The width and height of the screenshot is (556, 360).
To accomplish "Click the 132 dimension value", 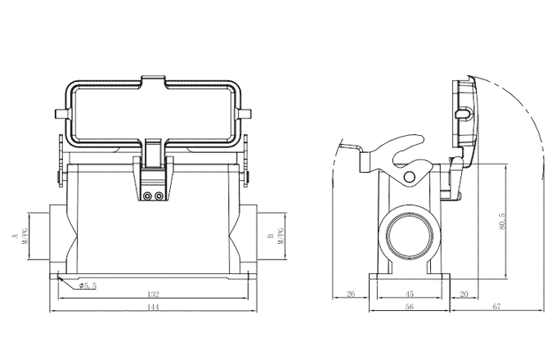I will (153, 295).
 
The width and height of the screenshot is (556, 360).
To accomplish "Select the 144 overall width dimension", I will (153, 308).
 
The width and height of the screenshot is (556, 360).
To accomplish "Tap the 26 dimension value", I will (350, 295).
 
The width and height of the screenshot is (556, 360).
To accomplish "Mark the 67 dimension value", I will (496, 308).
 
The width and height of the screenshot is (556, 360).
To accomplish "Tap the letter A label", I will (14, 236).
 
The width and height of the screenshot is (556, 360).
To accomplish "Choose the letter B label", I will (270, 236).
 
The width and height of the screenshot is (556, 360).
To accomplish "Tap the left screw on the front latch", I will (148, 196).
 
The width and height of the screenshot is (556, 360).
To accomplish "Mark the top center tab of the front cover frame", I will (154, 82).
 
